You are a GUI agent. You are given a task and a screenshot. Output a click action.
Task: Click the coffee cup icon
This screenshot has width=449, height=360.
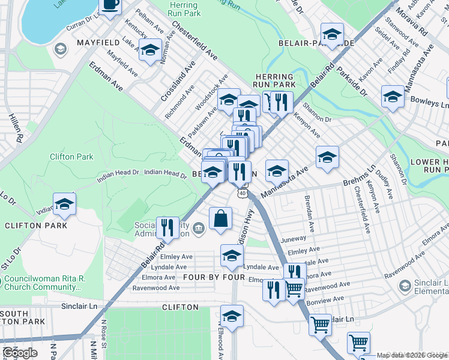(x=110, y=5)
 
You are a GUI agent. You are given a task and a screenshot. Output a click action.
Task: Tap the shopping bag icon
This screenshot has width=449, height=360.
(x=221, y=219)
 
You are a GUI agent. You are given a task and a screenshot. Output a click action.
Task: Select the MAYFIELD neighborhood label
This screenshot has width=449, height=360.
(x=95, y=43)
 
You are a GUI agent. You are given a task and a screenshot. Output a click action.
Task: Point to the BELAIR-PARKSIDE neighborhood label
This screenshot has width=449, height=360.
(x=323, y=44)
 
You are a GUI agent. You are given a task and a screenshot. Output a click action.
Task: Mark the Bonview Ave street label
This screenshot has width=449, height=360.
(x=325, y=298)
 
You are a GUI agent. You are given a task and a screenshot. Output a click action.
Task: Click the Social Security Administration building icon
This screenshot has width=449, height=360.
(x=199, y=226)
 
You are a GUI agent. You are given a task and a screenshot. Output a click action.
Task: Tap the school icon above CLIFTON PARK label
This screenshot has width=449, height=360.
(x=64, y=204)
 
